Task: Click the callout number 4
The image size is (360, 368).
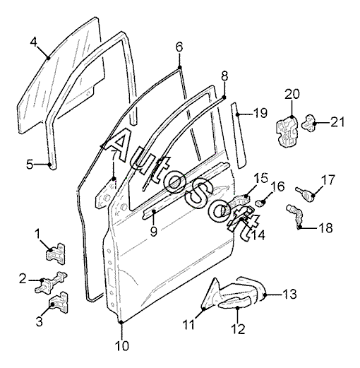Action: click(x=34, y=42)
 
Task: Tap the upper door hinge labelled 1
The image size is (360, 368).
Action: click(x=56, y=254)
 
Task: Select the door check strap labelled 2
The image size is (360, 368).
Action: click(x=50, y=282)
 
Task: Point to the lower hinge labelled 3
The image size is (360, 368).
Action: click(x=58, y=303)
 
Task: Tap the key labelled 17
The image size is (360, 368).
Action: click(x=306, y=194)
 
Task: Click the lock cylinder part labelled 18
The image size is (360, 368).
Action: click(x=295, y=216)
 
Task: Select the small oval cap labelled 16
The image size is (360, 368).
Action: click(x=260, y=203)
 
